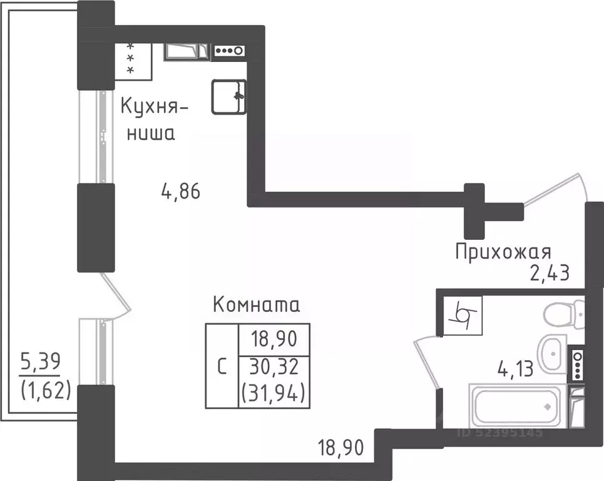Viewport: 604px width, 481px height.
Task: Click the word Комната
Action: click(257, 305)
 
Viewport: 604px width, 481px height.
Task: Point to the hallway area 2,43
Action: click(546, 274)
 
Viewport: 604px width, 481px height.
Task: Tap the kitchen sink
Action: click(228, 97)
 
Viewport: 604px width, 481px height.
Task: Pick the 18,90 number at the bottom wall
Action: click(340, 448)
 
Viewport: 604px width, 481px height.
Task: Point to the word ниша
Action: click(151, 133)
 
